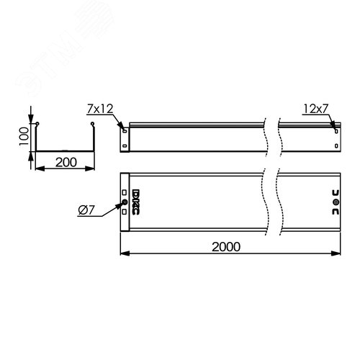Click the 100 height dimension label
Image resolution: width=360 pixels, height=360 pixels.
click(x=24, y=134)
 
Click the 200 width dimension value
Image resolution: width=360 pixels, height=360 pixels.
click(x=66, y=162)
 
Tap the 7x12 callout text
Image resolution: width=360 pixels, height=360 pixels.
click(x=99, y=109)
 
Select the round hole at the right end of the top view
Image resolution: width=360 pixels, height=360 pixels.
click(x=335, y=204)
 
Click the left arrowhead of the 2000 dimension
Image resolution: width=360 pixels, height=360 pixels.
click(x=123, y=253)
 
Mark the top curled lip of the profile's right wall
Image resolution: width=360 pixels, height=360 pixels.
click(x=93, y=127)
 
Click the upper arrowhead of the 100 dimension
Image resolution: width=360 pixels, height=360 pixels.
click(x=31, y=120)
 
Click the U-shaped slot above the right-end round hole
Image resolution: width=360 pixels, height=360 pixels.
click(x=335, y=194)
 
